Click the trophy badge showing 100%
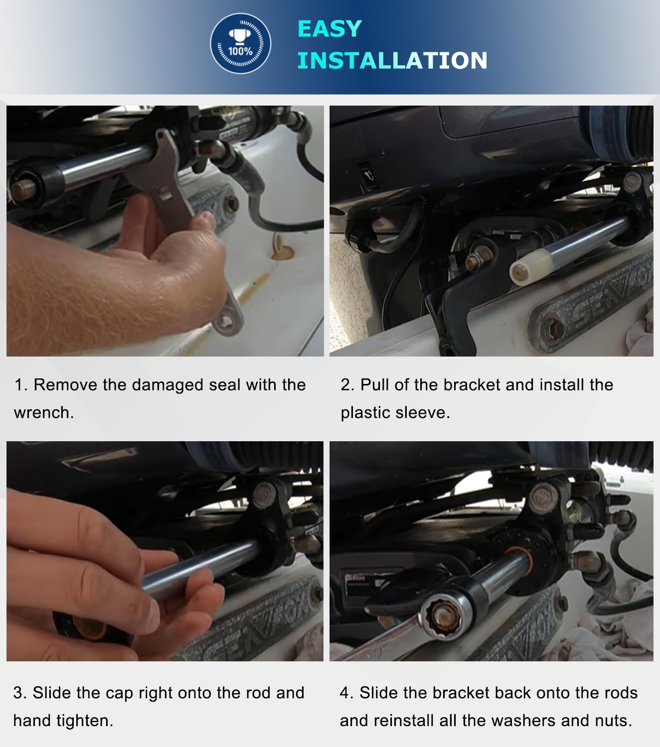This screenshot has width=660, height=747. pyautogui.click(x=240, y=43)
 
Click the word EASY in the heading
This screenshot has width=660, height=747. pyautogui.click(x=330, y=29)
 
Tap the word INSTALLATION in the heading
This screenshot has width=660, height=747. pyautogui.click(x=392, y=60)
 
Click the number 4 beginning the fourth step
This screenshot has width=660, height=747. pyautogui.click(x=344, y=693)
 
